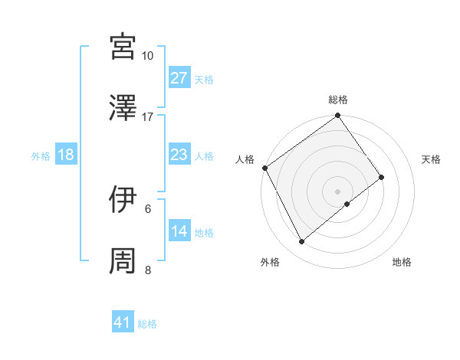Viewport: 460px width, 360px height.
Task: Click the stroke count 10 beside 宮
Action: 147,56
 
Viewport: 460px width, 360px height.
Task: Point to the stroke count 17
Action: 147,117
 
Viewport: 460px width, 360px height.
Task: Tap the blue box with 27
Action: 179,78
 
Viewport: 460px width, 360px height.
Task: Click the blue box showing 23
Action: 179,155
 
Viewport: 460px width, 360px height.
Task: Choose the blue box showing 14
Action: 179,232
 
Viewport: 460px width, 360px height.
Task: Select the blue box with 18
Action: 66,155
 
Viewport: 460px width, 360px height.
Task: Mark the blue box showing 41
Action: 123,323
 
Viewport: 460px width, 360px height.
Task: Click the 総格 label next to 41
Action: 147,324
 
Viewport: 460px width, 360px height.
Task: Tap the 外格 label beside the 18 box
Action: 41,156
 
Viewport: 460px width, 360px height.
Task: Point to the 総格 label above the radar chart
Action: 338,100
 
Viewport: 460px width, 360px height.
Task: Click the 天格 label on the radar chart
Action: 432,159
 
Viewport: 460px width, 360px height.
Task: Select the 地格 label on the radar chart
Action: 402,263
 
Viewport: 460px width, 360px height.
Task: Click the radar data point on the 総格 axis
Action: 338,116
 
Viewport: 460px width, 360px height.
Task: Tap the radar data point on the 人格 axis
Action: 264,168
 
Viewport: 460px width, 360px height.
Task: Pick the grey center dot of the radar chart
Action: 338,191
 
